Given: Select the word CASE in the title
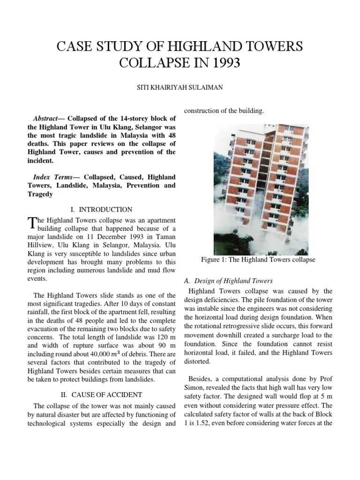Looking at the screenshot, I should pos(75,46).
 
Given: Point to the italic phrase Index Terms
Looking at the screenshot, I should pos(52,177).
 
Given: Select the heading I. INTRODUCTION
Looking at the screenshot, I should pos(105,210).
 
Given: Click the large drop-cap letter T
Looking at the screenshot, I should pos(32,224).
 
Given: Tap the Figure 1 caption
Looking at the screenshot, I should pos(258,259).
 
